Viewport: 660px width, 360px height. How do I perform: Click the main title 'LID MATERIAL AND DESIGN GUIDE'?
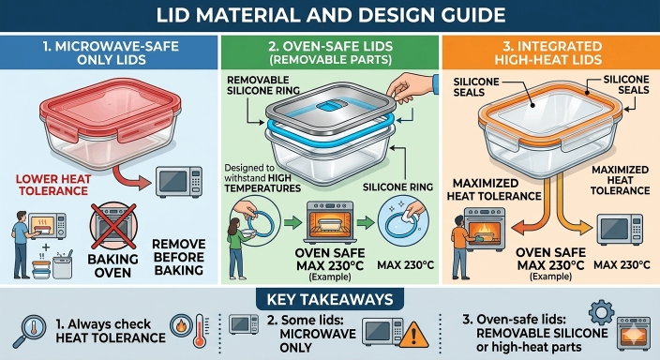tap(330, 15)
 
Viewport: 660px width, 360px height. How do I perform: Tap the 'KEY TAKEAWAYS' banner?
tap(330, 299)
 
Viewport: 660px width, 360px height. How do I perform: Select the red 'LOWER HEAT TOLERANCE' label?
tap(53, 185)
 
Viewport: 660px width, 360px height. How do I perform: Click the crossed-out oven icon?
tap(113, 226)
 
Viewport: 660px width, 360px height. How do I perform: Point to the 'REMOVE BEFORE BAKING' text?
tap(179, 257)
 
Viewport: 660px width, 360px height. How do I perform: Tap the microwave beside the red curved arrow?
tap(179, 182)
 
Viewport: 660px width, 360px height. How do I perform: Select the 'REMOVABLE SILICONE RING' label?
tap(263, 85)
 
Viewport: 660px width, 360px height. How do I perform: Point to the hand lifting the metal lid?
tap(411, 87)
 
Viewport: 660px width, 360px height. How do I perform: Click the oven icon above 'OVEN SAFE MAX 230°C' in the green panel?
tap(330, 222)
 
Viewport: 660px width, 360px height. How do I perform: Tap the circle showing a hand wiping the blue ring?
tap(403, 221)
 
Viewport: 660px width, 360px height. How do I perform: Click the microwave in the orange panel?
tap(620, 230)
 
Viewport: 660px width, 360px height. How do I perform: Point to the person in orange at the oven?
tap(462, 246)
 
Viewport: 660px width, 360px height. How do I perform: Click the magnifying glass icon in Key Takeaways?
tap(29, 331)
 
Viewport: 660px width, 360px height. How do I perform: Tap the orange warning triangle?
tap(413, 335)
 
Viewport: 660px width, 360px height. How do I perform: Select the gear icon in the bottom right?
tap(601, 312)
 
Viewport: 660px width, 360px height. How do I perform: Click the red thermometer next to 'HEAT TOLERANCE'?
tap(201, 331)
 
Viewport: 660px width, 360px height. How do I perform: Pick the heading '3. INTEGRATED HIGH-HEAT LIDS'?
tap(548, 52)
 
